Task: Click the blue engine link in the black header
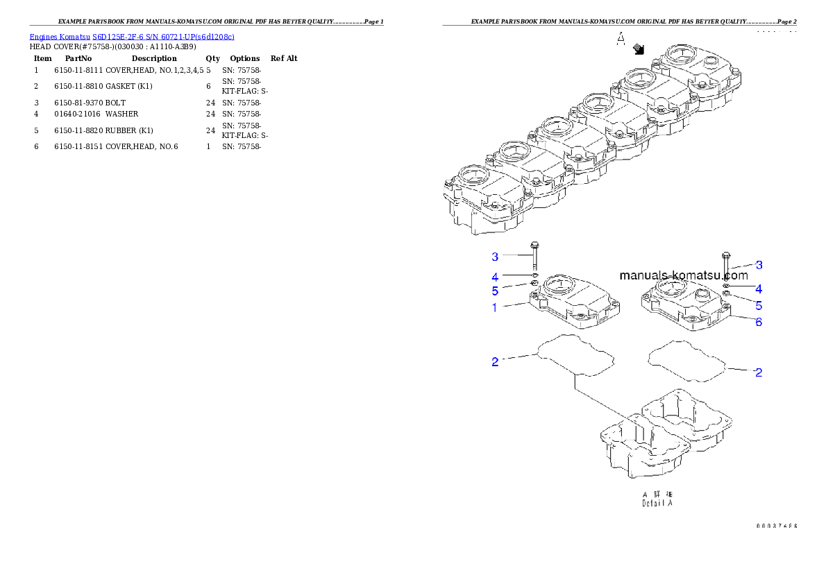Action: (x=132, y=36)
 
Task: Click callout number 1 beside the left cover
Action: (x=495, y=307)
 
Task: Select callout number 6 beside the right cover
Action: (x=759, y=322)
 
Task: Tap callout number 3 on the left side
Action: (x=495, y=257)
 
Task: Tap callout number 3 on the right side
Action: (x=759, y=264)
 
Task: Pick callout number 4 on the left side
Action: (x=495, y=276)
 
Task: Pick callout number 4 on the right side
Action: (x=759, y=289)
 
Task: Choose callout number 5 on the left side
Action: (x=495, y=291)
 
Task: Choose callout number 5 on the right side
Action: (x=759, y=305)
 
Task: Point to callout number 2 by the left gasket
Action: (x=495, y=362)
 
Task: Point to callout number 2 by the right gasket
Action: (x=759, y=372)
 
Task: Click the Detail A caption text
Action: (x=657, y=503)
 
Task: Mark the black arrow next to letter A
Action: (x=639, y=49)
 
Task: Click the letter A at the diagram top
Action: (x=621, y=40)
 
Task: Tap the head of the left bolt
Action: (x=534, y=246)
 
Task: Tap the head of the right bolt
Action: (x=726, y=255)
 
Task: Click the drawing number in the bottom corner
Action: (x=776, y=526)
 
